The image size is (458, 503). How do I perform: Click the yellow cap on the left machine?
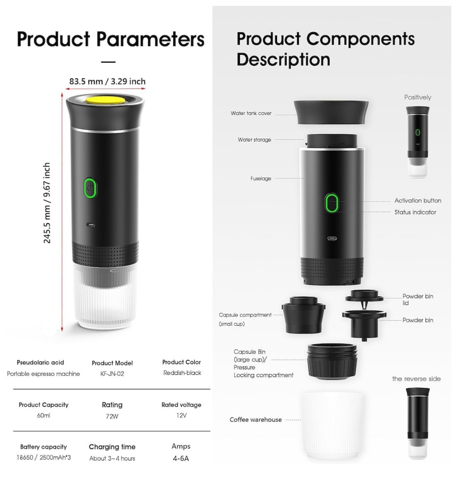click(x=105, y=101)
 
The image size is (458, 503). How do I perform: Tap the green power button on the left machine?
click(x=90, y=188)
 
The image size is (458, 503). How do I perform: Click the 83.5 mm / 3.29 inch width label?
click(x=107, y=82)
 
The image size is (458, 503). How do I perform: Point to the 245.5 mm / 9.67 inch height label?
click(x=47, y=203)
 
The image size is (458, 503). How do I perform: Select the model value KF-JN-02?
click(x=112, y=374)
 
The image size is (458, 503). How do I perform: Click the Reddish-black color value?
click(x=182, y=373)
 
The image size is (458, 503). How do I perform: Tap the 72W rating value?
click(x=112, y=416)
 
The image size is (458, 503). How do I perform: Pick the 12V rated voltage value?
click(x=181, y=416)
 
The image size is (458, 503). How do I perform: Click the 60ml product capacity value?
click(x=44, y=416)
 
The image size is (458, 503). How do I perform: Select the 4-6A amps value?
click(x=181, y=458)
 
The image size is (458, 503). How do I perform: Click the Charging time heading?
click(x=112, y=447)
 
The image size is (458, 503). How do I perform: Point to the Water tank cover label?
click(x=251, y=113)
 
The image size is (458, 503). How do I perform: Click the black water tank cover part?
click(x=331, y=112)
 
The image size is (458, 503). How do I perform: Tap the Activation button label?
click(x=418, y=201)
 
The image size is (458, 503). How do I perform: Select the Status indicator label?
click(x=415, y=212)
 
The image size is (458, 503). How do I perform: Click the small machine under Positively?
click(x=417, y=142)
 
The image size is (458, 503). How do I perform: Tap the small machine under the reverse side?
click(x=417, y=424)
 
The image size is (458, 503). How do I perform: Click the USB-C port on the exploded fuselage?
click(x=332, y=238)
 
